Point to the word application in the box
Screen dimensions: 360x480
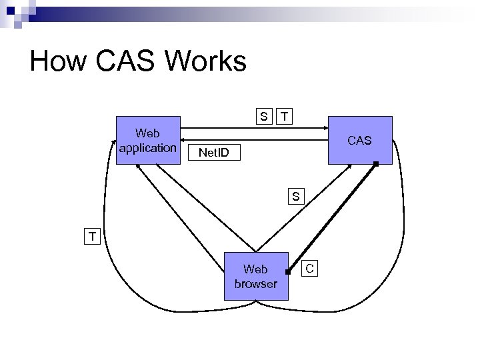pos(147,147)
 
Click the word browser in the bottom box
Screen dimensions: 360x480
pos(256,283)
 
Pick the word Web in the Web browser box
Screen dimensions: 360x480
pos(256,269)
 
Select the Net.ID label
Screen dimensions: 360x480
pos(213,154)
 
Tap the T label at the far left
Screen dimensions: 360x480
pos(92,235)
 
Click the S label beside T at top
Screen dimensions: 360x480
pos(265,117)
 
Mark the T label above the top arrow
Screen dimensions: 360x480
pos(285,117)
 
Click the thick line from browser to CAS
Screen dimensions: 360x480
pos(331,217)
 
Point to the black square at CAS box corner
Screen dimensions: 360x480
pos(376,163)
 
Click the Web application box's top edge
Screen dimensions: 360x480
pos(147,118)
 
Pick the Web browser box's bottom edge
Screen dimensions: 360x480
pos(256,297)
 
